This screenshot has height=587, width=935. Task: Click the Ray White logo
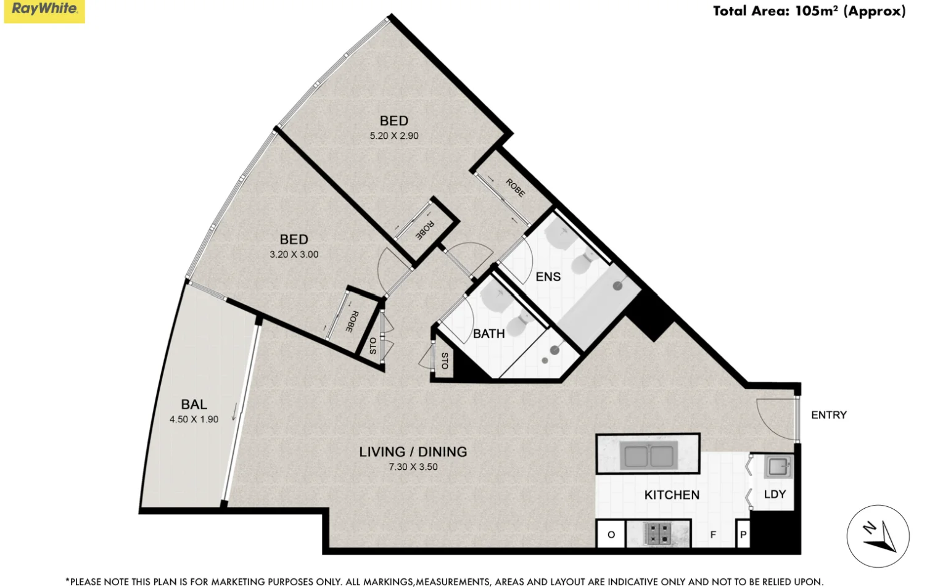44,10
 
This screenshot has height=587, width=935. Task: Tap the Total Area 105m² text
809,11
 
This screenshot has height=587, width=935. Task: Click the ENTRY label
828,415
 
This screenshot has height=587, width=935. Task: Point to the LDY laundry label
775,495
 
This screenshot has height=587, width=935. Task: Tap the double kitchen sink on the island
648,456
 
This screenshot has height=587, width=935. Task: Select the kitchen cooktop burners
657,533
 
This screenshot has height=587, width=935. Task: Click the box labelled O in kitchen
611,535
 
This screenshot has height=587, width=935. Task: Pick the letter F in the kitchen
713,535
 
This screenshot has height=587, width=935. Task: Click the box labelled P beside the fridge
743,535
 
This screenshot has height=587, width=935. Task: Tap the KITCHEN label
672,495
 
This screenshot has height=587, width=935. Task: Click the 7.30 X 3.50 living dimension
413,467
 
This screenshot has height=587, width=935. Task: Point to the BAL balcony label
194,404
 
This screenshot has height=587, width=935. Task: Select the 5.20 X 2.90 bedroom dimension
394,136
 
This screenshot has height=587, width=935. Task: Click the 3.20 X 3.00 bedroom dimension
294,254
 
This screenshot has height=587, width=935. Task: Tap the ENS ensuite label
548,277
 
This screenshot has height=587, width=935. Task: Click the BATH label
488,334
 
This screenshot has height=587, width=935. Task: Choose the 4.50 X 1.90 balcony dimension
194,419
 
